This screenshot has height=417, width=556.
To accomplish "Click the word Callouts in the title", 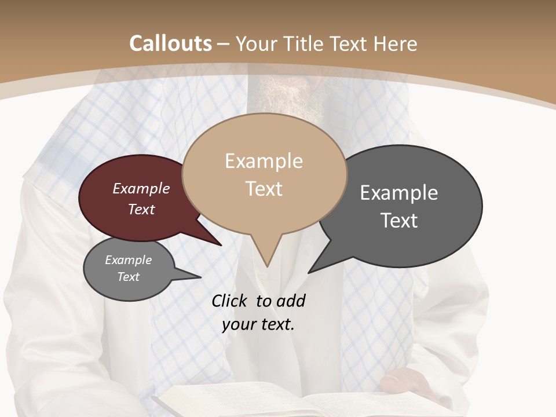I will [171, 43].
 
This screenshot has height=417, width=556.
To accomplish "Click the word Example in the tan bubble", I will [264, 161].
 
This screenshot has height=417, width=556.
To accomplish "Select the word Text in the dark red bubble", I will [141, 210].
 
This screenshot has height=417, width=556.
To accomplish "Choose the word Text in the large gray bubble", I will [399, 221].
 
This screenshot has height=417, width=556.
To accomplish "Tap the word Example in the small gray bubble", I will [129, 260].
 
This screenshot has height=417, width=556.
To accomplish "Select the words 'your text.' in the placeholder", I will [258, 325].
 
